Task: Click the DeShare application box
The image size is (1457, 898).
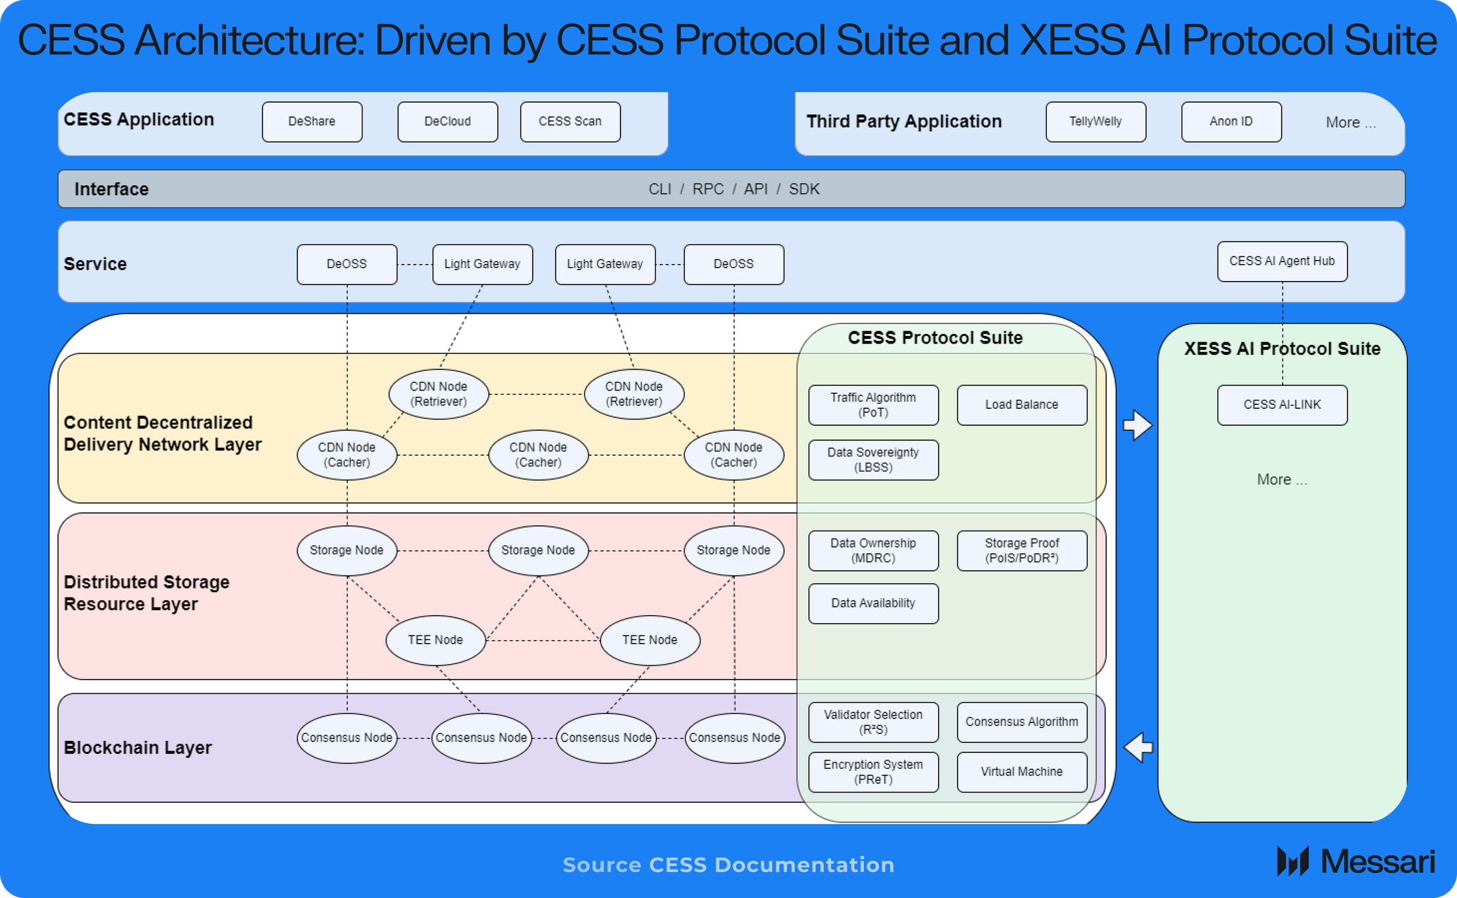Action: [x=312, y=122]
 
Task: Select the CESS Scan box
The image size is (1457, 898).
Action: [x=570, y=122]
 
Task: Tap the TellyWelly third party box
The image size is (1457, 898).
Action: [x=1095, y=122]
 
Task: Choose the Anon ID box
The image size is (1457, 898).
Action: [x=1231, y=122]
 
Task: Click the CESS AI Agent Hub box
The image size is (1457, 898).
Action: [x=1282, y=261]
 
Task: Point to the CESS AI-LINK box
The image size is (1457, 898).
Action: [x=1282, y=405]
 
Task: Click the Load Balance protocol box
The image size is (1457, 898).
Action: [x=1022, y=405]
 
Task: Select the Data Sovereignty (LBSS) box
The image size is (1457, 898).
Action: [x=873, y=460]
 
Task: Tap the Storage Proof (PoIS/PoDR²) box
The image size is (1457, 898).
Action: [x=1022, y=550]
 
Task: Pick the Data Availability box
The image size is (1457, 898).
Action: [x=873, y=603]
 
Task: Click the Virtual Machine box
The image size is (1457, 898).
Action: [x=1022, y=771]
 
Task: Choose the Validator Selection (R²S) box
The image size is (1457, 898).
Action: [x=873, y=722]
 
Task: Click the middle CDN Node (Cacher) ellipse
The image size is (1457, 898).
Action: [x=538, y=455]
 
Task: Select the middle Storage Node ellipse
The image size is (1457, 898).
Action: [x=538, y=550]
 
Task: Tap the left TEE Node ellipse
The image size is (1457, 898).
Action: [x=435, y=640]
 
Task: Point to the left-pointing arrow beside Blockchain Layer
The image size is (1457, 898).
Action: [x=1138, y=747]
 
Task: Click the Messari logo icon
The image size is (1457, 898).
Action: [x=1292, y=861]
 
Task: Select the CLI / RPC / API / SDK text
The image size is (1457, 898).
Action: [x=733, y=189]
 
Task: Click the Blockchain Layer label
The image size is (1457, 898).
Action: [x=137, y=748]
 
